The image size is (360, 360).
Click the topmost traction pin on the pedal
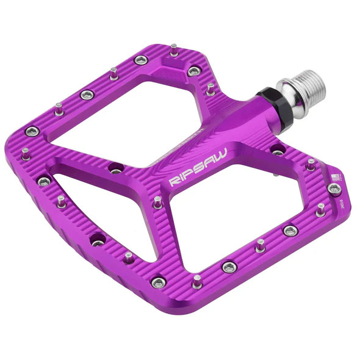(175, 49)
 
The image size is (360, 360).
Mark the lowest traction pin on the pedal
(197, 282)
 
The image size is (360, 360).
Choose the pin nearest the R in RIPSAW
(158, 201)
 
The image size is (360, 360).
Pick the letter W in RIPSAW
(221, 157)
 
